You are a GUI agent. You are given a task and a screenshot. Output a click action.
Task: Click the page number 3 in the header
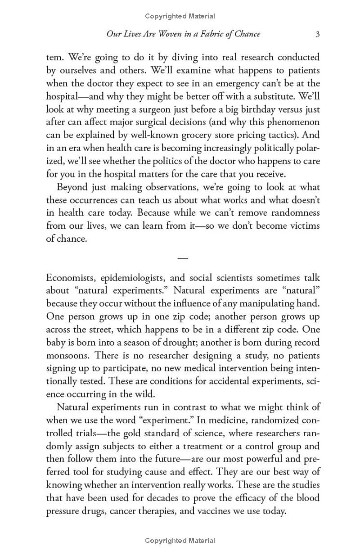[317, 34]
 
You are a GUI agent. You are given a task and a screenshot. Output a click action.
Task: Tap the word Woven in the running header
[163, 34]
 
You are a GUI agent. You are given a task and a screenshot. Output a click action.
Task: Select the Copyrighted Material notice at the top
[180, 16]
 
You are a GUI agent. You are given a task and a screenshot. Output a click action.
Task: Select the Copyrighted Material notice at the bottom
[180, 541]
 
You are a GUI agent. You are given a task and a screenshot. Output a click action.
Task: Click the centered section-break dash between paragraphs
[183, 258]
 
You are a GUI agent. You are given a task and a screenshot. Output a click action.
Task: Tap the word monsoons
[67, 355]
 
